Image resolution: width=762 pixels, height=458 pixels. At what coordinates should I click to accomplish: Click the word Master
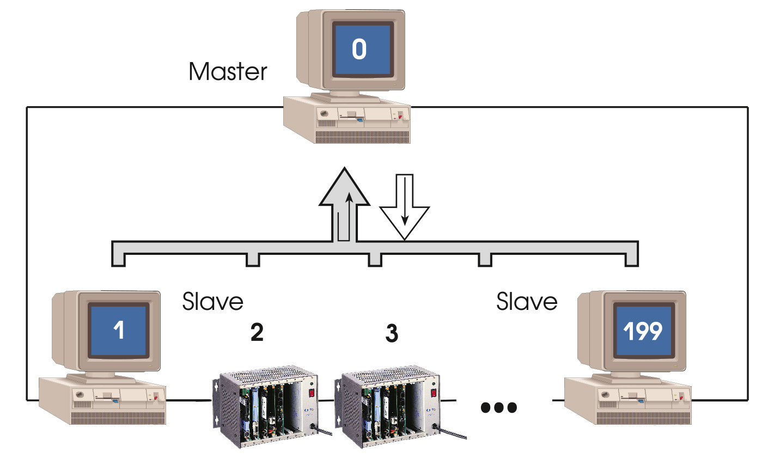pyautogui.click(x=228, y=72)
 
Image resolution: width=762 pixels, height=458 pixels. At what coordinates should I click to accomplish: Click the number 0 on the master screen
pyautogui.click(x=359, y=50)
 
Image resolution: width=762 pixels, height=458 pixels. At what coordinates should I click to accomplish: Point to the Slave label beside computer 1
pyautogui.click(x=212, y=301)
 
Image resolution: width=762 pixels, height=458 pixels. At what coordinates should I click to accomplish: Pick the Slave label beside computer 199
pyautogui.click(x=527, y=301)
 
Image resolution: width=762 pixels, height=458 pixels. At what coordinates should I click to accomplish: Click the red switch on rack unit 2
pyautogui.click(x=311, y=392)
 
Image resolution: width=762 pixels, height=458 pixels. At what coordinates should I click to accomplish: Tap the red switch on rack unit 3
pyautogui.click(x=434, y=392)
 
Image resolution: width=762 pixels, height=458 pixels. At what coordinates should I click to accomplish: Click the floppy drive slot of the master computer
pyautogui.click(x=352, y=116)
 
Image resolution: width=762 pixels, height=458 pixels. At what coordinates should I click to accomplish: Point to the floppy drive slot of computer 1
pyautogui.click(x=107, y=401)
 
